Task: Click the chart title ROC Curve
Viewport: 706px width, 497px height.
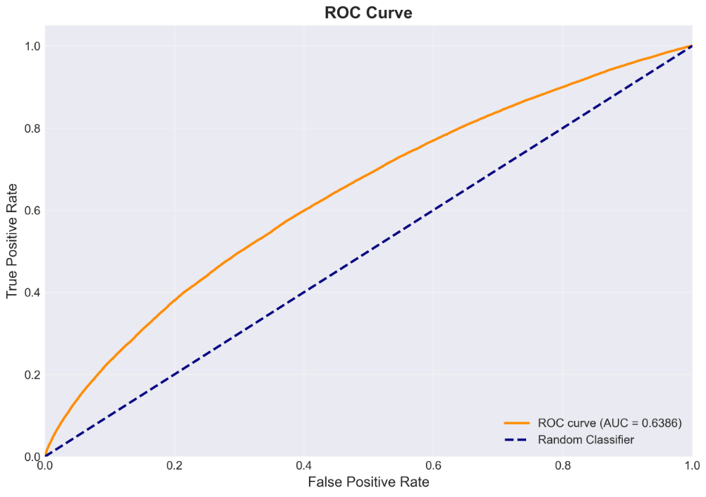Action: coord(368,12)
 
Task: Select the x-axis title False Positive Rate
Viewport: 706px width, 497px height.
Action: coord(368,483)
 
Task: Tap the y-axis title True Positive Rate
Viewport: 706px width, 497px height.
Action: coord(13,240)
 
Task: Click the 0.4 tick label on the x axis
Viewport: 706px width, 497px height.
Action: coord(304,466)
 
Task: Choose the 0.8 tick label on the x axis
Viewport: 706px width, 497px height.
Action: coord(563,466)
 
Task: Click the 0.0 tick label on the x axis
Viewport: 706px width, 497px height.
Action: coord(44,466)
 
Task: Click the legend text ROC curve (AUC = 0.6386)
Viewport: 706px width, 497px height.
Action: coord(610,423)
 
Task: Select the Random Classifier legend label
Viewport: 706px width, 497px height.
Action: coord(585,440)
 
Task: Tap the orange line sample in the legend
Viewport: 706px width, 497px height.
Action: coord(517,423)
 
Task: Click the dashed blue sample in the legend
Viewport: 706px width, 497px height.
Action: coord(517,440)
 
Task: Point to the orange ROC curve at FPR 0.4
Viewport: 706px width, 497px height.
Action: coord(304,211)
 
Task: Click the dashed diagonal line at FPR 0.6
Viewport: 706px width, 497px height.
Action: coord(433,210)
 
